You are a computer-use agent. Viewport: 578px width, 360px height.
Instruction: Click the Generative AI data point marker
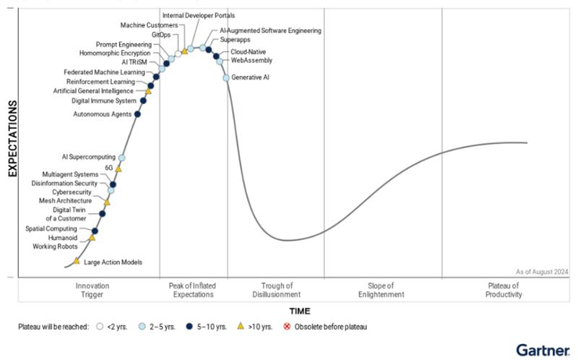coord(226,77)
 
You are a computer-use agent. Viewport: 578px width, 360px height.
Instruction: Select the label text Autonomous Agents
coord(102,114)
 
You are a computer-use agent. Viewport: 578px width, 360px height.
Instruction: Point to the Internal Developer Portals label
coord(199,15)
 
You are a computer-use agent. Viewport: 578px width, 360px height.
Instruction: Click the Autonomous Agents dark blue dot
coord(137,113)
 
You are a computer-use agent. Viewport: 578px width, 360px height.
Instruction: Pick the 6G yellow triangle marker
coord(118,168)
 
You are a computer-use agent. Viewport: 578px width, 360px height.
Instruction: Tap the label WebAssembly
coord(252,61)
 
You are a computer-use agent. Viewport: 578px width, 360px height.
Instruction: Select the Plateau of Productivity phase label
coord(503,290)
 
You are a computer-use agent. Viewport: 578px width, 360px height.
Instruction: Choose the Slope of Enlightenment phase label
coord(381,290)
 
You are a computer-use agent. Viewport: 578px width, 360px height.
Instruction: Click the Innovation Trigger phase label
coord(92,290)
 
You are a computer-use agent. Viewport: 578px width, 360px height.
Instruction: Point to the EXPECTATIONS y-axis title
coord(12,139)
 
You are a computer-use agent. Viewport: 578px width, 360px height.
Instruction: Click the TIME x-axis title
coord(300,311)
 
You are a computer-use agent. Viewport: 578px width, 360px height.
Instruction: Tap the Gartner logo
coord(542,349)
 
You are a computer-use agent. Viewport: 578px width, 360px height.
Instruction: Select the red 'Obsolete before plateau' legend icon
coord(287,327)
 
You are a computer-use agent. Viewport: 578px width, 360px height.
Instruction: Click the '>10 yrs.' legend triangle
coord(241,327)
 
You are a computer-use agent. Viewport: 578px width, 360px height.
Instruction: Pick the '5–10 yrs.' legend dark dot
coord(189,327)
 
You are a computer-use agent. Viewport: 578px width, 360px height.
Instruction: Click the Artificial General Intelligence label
coord(93,91)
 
